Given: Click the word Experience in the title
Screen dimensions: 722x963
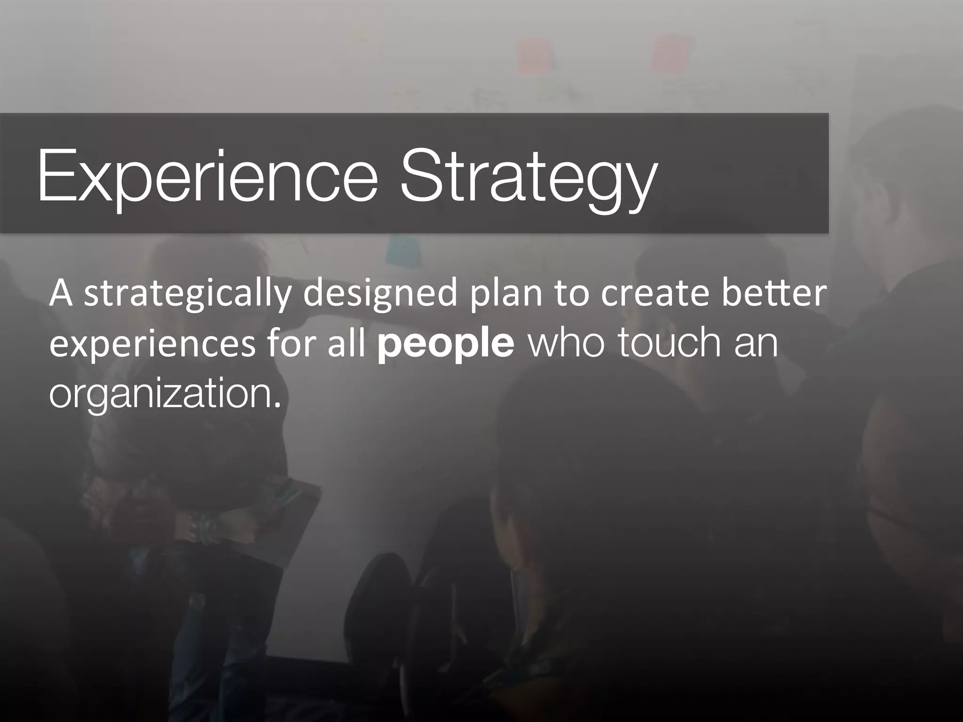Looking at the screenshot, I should pyautogui.click(x=207, y=175).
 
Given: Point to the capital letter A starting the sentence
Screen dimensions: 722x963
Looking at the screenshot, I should pyautogui.click(x=61, y=292).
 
